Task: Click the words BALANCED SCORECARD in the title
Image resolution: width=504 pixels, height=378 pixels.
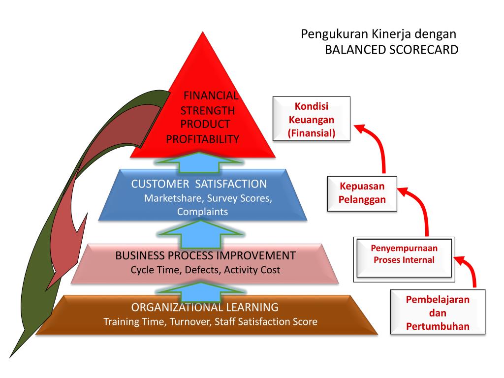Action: click(x=391, y=50)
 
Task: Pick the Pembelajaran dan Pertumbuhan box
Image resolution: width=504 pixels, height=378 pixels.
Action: click(x=438, y=313)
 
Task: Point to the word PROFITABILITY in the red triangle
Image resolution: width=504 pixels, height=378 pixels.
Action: click(x=202, y=139)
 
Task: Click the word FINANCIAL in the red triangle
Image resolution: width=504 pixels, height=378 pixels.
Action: click(x=211, y=95)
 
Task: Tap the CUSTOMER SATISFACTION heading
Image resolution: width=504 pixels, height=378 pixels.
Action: click(x=199, y=184)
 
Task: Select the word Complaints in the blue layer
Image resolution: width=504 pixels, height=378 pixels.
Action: click(x=202, y=212)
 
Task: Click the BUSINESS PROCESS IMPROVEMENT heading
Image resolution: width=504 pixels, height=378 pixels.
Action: click(x=205, y=256)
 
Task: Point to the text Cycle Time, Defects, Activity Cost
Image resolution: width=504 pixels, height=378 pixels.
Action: click(x=205, y=270)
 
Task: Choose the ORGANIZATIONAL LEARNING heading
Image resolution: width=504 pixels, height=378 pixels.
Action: click(x=205, y=307)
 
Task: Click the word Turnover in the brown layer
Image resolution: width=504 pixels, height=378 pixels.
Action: click(x=190, y=322)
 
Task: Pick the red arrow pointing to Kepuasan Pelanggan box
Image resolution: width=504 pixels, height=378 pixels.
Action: click(x=418, y=207)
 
